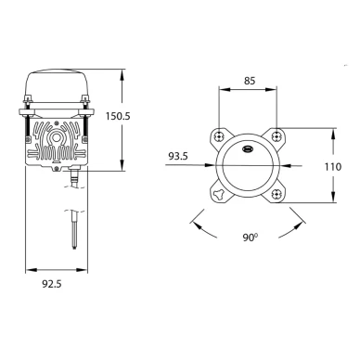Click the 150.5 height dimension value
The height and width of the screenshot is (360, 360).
[118, 116]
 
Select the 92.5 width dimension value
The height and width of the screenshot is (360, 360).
[52, 284]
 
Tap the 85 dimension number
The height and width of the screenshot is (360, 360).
[250, 81]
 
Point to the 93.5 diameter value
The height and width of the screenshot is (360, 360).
[178, 156]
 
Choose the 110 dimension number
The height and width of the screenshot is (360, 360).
[333, 167]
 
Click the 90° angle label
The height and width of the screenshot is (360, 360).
[251, 238]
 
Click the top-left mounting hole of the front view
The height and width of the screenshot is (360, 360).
[219, 135]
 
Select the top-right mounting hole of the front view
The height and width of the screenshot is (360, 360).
[276, 135]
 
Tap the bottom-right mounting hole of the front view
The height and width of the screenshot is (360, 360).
[276, 194]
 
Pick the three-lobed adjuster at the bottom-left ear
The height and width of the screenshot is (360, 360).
[218, 194]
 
